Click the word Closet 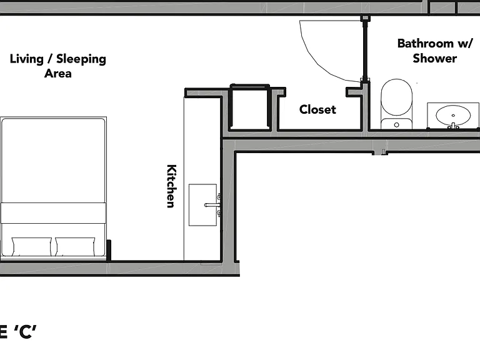317,109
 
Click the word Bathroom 425,44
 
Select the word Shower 435,58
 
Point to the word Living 27,59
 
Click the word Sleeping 81,59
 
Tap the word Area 58,74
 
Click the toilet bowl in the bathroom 396,97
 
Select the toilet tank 396,124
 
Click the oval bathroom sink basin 453,115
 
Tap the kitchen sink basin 202,205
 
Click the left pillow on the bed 31,246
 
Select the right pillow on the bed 75,246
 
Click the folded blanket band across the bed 53,212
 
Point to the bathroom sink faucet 453,126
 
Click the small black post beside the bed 108,250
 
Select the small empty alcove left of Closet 250,107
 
